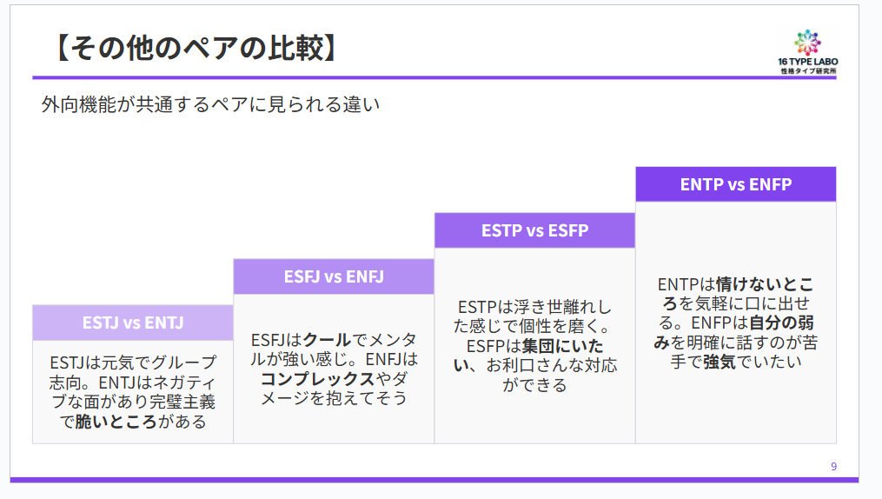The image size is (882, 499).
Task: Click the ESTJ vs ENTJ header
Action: coord(133,323)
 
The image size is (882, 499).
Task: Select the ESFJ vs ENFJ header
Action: coord(334,276)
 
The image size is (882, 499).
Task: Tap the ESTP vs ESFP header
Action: coord(534,230)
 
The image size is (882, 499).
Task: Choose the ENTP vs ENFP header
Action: coord(735,184)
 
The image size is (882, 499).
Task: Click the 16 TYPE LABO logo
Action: coord(807,51)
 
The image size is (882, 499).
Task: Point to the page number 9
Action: coord(833,467)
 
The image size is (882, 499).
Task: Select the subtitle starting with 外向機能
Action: coord(211,105)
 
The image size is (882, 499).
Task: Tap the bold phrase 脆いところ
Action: coord(116,422)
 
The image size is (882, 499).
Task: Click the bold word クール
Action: coord(326,339)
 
